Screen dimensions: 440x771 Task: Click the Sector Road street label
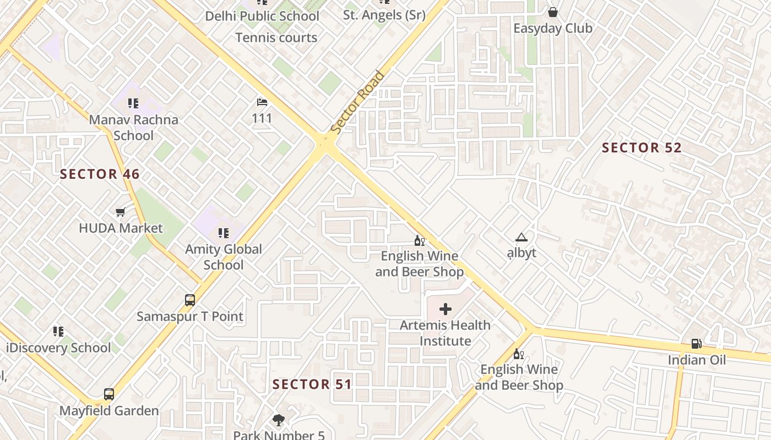coord(357,102)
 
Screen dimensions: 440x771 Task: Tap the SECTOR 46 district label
coord(100,174)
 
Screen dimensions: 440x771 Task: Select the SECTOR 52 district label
coord(642,147)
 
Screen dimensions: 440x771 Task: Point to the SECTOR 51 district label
coord(312,384)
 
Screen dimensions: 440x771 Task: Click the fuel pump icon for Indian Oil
coord(697,344)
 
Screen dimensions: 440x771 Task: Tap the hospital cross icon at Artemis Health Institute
coord(445,309)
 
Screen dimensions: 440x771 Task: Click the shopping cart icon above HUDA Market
coord(121,212)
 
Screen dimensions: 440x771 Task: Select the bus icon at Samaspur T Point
coord(190,300)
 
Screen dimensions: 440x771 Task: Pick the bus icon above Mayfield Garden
coord(109,394)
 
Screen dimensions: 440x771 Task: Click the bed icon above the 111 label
coord(262,102)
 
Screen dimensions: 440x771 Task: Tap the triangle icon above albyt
coord(521,237)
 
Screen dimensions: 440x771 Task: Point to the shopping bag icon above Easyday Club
coord(553,12)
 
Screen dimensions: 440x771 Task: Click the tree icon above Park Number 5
coord(279,420)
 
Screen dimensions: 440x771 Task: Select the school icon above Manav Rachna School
coord(133,103)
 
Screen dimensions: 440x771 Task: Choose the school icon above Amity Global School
coord(223,233)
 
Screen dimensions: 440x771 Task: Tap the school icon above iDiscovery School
coord(58,331)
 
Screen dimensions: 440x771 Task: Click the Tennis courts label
coord(276,38)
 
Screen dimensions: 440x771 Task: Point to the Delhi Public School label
coord(262,16)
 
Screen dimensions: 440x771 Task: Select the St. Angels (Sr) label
coord(384,15)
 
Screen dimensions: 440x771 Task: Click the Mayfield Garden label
coord(109,411)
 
